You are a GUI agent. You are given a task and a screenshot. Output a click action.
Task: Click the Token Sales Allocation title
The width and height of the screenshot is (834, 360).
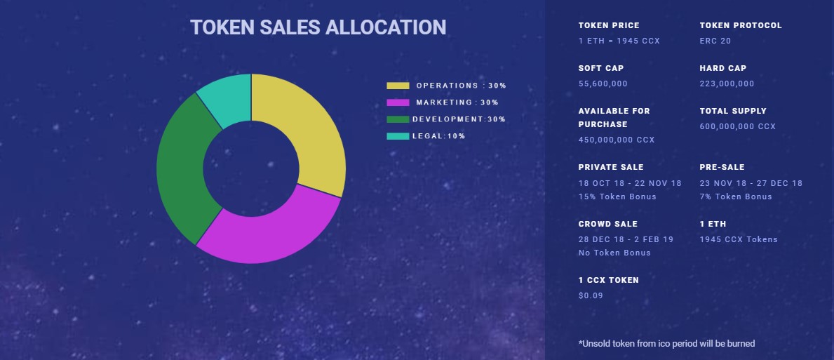(x=318, y=27)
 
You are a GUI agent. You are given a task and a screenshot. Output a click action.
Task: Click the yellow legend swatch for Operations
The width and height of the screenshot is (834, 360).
(x=398, y=86)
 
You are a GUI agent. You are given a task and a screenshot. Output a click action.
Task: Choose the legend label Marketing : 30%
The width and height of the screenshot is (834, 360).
(x=457, y=102)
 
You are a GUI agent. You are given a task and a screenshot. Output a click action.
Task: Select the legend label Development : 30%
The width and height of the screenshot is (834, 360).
(x=459, y=119)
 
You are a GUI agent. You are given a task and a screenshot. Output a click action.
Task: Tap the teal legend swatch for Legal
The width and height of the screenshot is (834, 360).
(x=398, y=136)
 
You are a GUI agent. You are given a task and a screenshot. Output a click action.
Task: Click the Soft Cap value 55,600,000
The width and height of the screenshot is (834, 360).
(x=603, y=84)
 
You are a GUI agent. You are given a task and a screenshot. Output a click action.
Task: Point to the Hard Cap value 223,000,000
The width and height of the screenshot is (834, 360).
(x=727, y=84)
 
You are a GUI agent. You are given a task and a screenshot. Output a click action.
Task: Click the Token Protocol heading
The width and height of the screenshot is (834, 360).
(x=740, y=25)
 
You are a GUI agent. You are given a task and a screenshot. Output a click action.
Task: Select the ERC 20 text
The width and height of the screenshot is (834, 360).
(x=715, y=41)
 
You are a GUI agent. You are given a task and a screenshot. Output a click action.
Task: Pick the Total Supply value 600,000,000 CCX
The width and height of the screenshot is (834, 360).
(x=737, y=127)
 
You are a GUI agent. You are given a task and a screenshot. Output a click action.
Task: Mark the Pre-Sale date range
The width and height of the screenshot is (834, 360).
(x=751, y=183)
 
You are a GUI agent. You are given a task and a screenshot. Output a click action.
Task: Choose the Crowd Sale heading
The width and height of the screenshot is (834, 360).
(x=607, y=224)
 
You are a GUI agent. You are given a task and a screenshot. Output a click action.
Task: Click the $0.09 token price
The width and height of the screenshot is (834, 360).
(x=590, y=295)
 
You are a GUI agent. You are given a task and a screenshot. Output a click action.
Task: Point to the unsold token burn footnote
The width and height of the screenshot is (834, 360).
(x=666, y=343)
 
